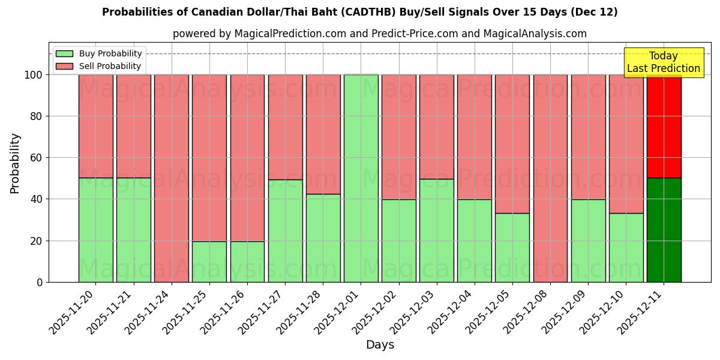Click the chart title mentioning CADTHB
pos(359,12)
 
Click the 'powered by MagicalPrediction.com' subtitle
pos(379,34)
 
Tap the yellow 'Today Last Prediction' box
pos(663,62)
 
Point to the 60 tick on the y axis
pos(37,158)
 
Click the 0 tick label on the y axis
pos(40,282)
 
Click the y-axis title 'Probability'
pos(15,163)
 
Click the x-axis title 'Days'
pos(379,345)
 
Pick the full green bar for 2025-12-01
pos(361,178)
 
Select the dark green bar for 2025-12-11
pos(664,230)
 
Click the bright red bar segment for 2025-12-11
pos(664,126)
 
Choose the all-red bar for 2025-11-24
pos(172,178)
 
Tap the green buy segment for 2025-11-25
pos(209,262)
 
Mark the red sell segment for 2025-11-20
pos(96,126)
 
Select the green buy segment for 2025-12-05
pos(512,247)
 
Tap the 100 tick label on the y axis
pos(33,75)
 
